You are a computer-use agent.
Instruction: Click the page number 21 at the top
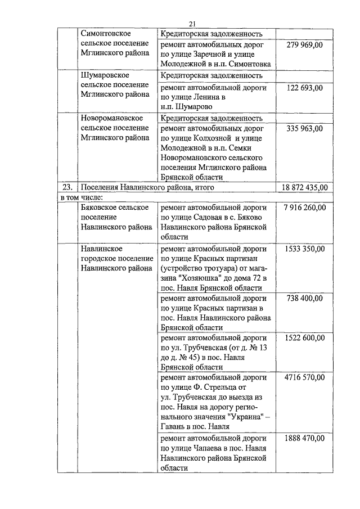[192, 24]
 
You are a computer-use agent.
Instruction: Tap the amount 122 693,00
[304, 88]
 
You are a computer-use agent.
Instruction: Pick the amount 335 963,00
[304, 129]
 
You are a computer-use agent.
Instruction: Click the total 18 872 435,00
[305, 187]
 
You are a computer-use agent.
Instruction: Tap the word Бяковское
[100, 208]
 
